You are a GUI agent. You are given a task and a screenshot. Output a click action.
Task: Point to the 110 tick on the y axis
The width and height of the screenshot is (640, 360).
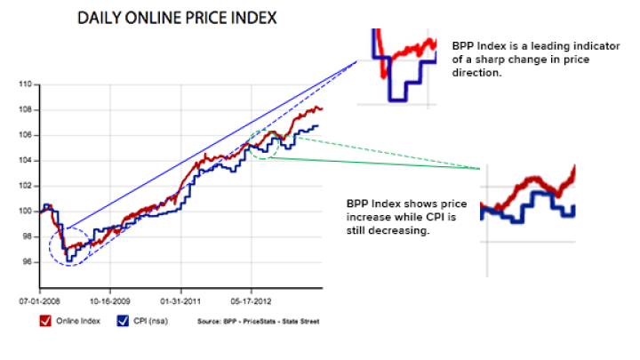(x=25, y=85)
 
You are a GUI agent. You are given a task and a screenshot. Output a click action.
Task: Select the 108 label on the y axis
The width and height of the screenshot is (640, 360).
(x=25, y=110)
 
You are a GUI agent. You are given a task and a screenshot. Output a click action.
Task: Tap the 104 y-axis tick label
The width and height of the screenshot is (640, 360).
(x=25, y=161)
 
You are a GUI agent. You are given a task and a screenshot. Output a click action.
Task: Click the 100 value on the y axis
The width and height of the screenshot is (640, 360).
(x=25, y=212)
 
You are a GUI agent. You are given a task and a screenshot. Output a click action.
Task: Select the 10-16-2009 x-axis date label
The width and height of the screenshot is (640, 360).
(x=108, y=300)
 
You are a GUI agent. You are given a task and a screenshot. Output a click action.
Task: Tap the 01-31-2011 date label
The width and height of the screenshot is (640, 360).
(x=180, y=300)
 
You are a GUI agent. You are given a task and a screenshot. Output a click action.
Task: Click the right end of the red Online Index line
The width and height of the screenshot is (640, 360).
(x=322, y=108)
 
